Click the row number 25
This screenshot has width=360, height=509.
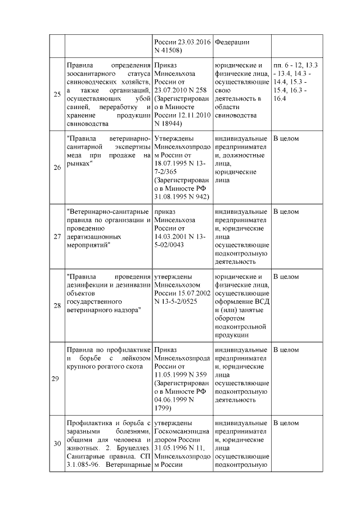[x=57, y=94]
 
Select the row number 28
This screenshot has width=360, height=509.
[x=57, y=306]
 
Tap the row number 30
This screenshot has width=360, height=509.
[x=57, y=444]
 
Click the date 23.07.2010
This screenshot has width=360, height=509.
[x=174, y=89]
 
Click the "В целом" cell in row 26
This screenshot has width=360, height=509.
[x=286, y=138]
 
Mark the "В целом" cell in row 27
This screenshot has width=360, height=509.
[x=286, y=211]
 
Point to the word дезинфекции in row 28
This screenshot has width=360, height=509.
[x=88, y=285]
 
